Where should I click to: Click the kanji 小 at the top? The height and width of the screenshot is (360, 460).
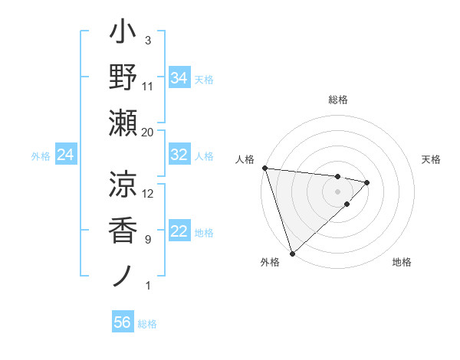tap(123, 35)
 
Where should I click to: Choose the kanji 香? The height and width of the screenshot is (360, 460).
tap(123, 229)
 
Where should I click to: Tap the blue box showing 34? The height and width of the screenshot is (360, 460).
tap(179, 77)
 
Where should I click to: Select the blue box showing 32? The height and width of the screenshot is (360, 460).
tap(179, 155)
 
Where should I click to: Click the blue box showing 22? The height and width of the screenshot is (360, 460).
tap(179, 232)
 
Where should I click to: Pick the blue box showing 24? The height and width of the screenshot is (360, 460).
tap(65, 155)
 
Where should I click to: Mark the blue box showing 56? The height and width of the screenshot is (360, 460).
tap(122, 322)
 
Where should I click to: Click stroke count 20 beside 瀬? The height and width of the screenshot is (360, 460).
tap(148, 132)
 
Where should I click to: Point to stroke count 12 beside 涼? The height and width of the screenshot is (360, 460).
tap(148, 193)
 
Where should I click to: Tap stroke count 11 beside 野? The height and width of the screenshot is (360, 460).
tap(148, 86)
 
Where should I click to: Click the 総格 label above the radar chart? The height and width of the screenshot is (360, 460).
tap(338, 100)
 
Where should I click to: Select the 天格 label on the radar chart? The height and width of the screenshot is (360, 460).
tap(432, 159)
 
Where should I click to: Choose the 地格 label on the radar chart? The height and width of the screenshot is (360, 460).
tap(402, 262)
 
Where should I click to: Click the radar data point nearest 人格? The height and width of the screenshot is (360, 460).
tap(264, 168)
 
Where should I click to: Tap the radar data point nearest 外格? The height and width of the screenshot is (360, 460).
tap(292, 252)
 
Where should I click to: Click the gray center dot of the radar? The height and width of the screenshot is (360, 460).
tap(337, 191)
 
